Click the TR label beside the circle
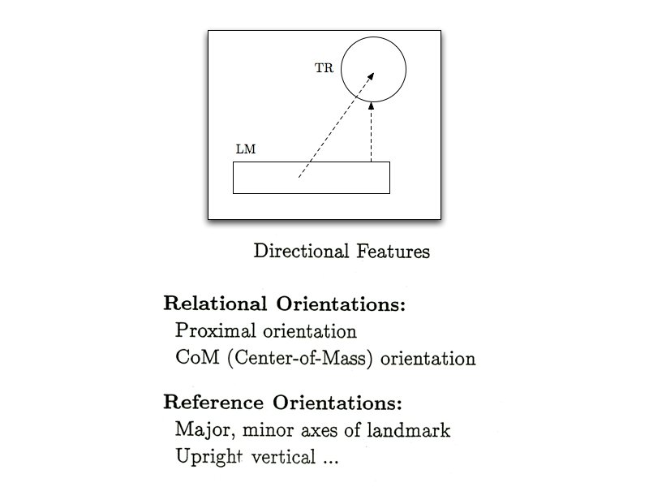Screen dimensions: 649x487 click(324, 68)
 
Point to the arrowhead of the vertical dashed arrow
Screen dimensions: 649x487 click(371, 107)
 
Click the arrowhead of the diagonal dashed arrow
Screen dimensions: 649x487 click(371, 75)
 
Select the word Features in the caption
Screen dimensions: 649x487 click(393, 252)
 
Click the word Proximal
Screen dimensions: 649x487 click(208, 332)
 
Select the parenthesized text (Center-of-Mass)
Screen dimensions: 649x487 click(300, 359)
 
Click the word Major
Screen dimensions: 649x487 click(199, 430)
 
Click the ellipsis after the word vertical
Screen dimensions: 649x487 click(330, 460)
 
